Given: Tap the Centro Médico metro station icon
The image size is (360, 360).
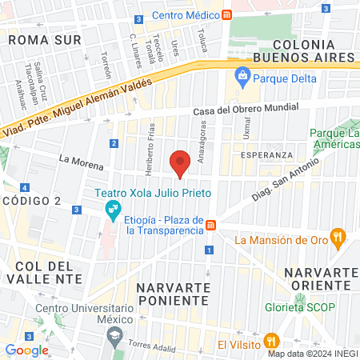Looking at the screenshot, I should [x=227, y=15].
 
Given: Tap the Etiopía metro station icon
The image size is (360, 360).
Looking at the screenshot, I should [x=210, y=225].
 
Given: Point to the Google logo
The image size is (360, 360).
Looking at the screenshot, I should [x=26, y=350].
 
